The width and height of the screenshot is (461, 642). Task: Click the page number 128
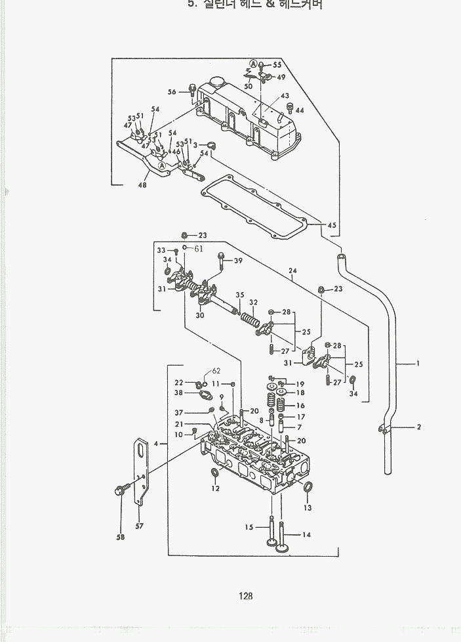coord(246,596)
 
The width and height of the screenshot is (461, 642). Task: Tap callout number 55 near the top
coord(277,65)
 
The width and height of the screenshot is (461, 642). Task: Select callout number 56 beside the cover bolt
coord(172,92)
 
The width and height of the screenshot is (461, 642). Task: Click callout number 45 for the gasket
coord(332,225)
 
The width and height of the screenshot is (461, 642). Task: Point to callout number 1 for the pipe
coord(418,364)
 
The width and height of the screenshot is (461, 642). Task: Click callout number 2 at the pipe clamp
coord(418,427)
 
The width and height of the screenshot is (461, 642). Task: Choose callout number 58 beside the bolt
coord(120,537)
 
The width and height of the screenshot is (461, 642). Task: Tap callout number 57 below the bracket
coord(140,525)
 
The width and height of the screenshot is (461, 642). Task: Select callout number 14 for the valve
coord(306,534)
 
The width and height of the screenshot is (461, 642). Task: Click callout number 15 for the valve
coord(249,527)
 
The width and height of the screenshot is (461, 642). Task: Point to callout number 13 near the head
coord(308,507)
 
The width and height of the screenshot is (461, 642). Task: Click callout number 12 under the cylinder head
coord(215,488)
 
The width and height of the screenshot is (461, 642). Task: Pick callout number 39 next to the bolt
coord(238,261)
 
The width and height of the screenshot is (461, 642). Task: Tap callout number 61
coord(199,248)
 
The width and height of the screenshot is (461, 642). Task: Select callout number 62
coord(216,371)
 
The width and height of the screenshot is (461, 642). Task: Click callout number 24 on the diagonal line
coord(292,270)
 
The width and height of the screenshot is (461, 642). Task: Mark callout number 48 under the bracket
coord(143,185)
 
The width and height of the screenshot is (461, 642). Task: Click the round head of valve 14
coord(283,547)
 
